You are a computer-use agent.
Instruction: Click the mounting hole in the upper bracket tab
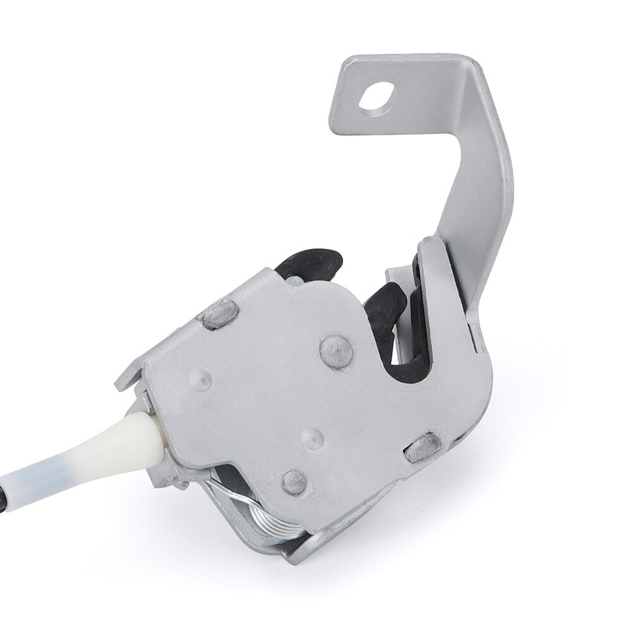(x=377, y=97)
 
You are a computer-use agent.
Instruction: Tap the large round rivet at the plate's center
(x=336, y=350)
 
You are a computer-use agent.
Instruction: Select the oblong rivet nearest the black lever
(x=220, y=314)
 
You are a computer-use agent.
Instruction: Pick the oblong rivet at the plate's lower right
(x=423, y=448)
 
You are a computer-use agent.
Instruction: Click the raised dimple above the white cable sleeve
(x=200, y=379)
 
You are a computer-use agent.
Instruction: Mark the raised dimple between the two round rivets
(x=311, y=438)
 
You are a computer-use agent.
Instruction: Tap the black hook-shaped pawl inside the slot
(x=385, y=306)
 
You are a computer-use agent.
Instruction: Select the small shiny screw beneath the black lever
(x=295, y=281)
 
